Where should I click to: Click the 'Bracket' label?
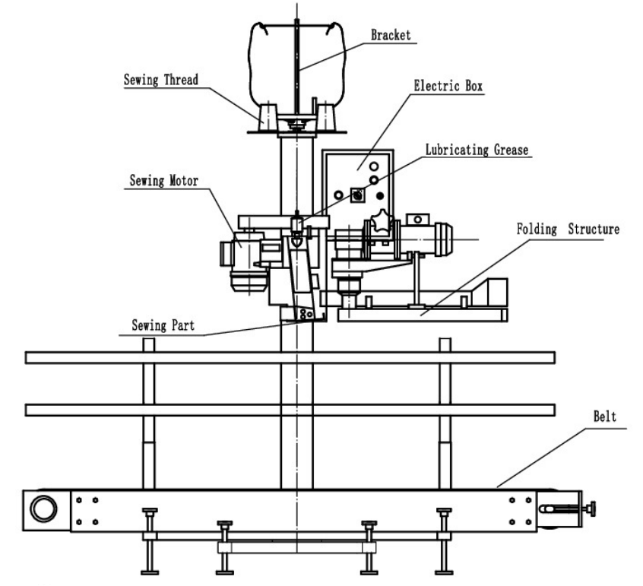pos(390,35)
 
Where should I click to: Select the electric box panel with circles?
pos(356,182)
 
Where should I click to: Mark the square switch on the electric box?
pos(356,195)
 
